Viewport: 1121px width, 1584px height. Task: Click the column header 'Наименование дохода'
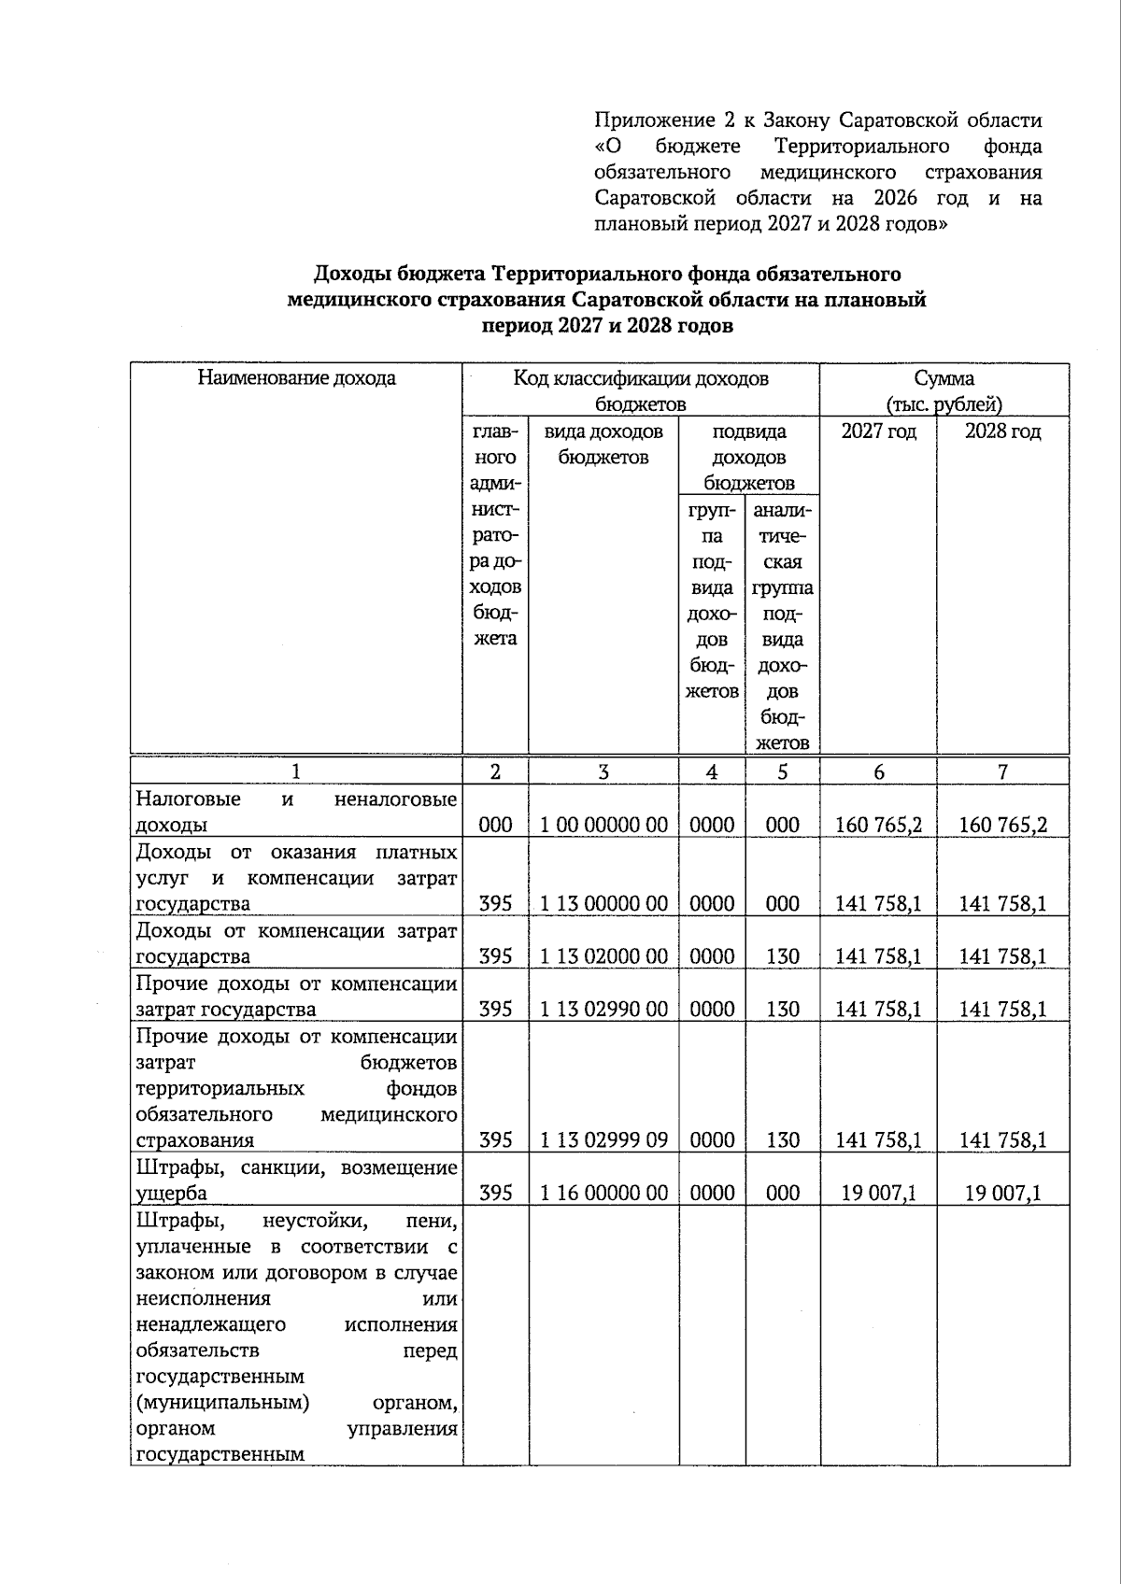(296, 378)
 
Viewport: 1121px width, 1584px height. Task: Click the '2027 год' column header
(878, 431)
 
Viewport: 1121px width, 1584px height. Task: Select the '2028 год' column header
(1002, 431)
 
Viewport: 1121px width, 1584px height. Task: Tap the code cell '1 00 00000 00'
(603, 825)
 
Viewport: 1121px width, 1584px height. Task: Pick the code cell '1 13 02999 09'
(603, 1140)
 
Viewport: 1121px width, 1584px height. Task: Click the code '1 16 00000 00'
(603, 1193)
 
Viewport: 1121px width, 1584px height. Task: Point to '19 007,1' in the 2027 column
(878, 1193)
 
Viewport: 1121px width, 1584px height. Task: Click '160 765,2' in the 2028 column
(1002, 825)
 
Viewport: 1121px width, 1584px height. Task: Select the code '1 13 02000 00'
(603, 956)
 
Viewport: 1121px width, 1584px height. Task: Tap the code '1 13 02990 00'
(603, 1010)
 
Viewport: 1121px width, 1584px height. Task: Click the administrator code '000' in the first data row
(495, 825)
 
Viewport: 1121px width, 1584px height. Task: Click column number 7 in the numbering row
(1002, 772)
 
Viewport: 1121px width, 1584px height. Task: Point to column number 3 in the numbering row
(603, 772)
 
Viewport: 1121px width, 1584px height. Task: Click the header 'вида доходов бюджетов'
(603, 445)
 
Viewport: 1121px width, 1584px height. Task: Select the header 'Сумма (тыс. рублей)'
(944, 391)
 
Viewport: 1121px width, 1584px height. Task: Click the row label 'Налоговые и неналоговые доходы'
(296, 812)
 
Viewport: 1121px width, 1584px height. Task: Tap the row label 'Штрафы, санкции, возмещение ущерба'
(296, 1180)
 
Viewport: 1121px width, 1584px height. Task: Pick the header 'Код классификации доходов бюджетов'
(641, 391)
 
